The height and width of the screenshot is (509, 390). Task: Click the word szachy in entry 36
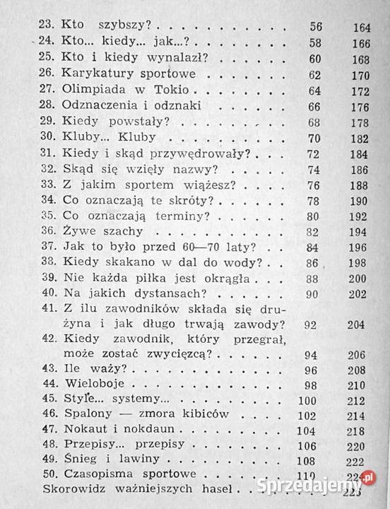click(x=121, y=230)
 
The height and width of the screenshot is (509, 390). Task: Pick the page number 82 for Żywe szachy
click(x=314, y=231)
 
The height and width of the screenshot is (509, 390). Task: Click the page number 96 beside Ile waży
click(x=312, y=370)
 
